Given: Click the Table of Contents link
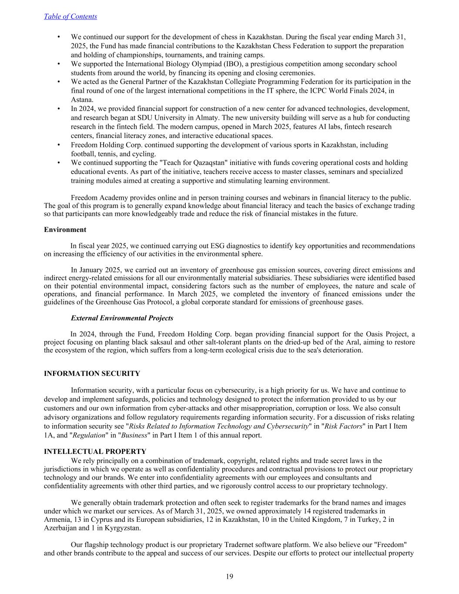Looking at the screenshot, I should [70, 17].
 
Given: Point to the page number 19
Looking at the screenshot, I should [229, 577].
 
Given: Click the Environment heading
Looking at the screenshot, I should [65, 229].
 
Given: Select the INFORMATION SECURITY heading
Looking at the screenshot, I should [92, 373].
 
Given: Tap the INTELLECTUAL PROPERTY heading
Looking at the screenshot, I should [95, 452].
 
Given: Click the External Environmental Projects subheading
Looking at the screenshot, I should [122, 318].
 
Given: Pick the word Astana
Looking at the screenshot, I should [81, 100].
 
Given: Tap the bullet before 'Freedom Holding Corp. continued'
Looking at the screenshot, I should [58, 145].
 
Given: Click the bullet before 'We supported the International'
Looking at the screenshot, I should [58, 64].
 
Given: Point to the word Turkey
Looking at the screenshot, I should [368, 519].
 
